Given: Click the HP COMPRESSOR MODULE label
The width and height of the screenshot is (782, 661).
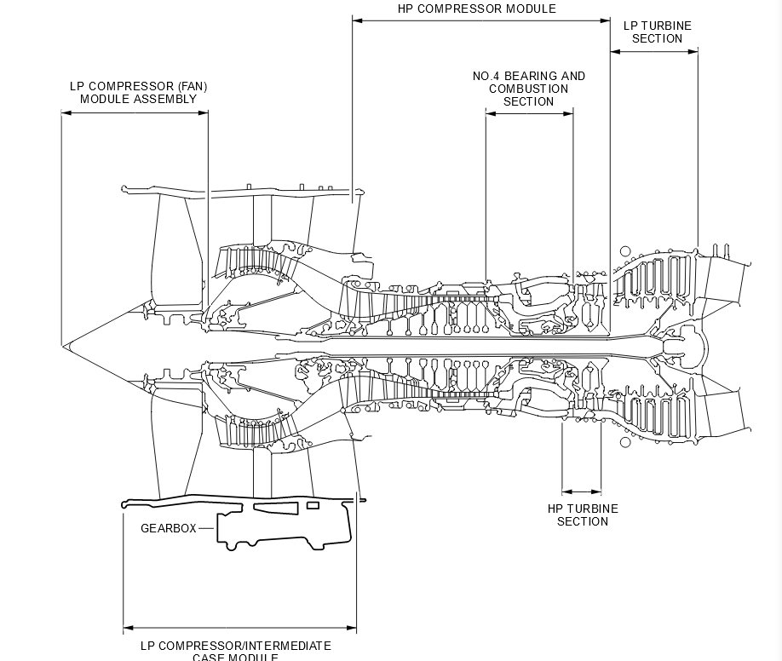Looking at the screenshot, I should tap(476, 9).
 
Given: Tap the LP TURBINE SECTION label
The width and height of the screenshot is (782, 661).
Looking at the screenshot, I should tap(657, 32).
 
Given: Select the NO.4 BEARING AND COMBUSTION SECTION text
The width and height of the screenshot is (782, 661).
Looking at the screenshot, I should tap(529, 89).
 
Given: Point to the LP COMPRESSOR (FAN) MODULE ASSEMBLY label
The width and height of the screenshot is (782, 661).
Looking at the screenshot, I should tap(138, 93).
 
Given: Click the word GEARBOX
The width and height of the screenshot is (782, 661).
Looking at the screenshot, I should tap(168, 528).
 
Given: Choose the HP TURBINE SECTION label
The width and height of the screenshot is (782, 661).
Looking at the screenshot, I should tap(583, 515).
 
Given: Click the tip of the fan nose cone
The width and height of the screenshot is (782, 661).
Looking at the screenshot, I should tap(63, 346).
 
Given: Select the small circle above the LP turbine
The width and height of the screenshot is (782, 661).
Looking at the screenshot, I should tap(625, 252).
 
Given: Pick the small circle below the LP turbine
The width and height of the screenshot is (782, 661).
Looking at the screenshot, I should tap(625, 442).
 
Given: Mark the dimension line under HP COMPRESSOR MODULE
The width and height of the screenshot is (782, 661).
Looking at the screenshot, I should tap(481, 20).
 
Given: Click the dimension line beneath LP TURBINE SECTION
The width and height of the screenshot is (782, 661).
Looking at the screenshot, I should tap(654, 52).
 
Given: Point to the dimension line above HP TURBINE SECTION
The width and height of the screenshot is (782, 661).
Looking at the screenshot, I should tap(582, 491).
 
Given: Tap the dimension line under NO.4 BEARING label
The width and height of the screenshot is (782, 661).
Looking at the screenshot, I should tap(529, 112).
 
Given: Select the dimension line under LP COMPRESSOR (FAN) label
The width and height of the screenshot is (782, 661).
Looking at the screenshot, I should tap(135, 113).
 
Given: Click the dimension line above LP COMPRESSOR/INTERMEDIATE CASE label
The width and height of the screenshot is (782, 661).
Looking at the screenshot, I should tap(239, 629).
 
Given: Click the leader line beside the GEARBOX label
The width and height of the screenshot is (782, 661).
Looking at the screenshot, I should tap(207, 528).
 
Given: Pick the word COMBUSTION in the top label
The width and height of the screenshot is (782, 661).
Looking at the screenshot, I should tap(529, 89).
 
